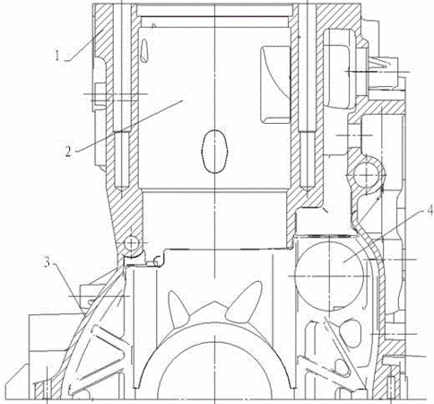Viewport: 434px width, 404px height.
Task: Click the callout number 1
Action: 56,56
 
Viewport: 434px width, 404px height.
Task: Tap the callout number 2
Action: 68,152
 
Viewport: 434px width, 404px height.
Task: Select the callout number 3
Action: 48,262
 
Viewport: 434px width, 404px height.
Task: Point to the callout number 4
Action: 430,210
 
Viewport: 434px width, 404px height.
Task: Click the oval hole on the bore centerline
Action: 214,151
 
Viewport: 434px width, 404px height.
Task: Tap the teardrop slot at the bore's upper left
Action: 144,51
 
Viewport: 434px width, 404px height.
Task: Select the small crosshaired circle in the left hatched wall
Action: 131,242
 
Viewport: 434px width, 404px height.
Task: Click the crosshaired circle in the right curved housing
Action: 367,174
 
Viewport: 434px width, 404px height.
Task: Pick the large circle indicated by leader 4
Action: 329,277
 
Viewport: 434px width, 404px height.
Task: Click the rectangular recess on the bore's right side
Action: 275,84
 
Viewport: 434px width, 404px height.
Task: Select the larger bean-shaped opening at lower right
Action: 352,333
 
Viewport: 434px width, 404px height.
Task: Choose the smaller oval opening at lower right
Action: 342,367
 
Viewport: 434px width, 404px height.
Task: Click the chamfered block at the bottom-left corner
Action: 17,382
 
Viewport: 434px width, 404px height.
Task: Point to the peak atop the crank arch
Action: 214,303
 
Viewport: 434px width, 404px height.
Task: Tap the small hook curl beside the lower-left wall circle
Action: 158,261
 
